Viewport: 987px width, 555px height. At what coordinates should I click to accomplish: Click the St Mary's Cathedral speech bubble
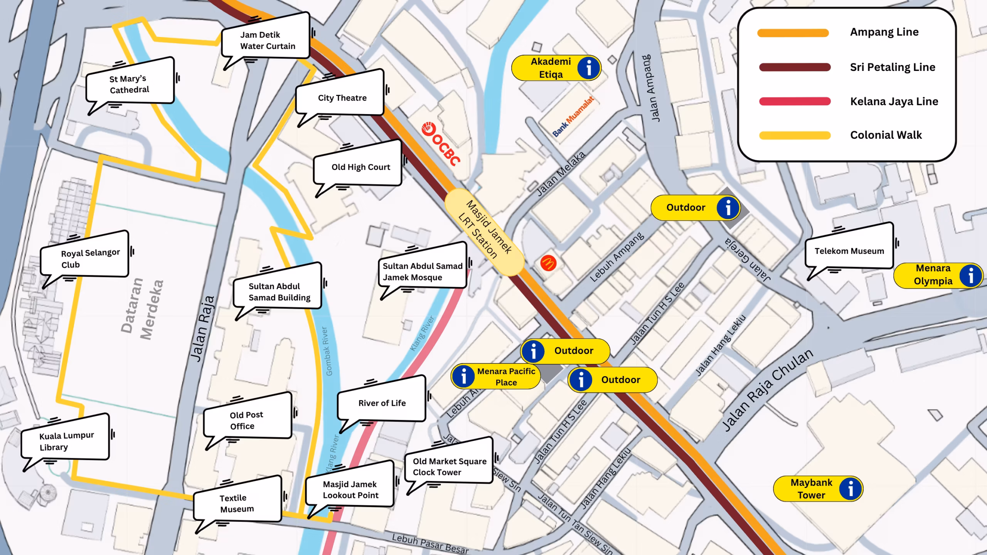pos(129,84)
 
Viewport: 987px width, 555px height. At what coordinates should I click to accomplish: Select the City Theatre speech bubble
pos(341,97)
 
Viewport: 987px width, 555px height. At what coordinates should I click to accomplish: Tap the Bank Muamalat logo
pos(573,116)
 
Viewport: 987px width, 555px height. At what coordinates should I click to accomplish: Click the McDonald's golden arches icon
pos(548,263)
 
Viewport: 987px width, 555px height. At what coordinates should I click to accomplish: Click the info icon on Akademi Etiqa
pos(588,68)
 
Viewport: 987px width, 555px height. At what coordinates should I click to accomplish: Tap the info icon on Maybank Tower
pos(850,489)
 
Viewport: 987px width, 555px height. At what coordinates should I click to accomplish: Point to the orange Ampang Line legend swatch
pos(793,33)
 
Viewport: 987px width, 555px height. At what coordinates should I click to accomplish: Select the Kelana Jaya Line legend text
pos(894,101)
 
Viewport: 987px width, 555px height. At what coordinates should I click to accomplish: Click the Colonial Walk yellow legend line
pos(795,135)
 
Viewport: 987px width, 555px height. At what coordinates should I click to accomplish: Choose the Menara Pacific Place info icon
pos(463,376)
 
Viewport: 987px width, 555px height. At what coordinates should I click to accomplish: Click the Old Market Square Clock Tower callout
pos(449,466)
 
